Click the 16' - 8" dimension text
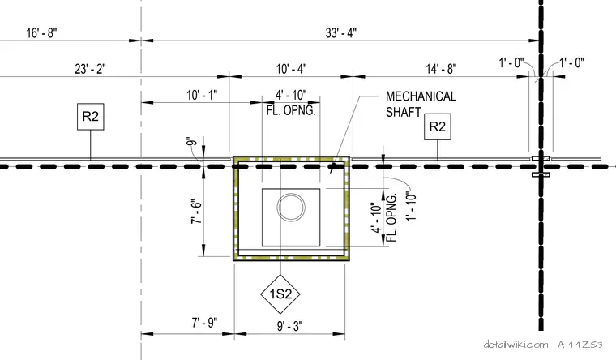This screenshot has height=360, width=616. (41, 33)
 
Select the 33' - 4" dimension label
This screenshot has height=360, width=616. (341, 33)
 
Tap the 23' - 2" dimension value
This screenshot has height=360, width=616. (90, 69)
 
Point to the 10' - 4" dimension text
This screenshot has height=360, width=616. (291, 69)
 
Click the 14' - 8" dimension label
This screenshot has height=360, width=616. (441, 69)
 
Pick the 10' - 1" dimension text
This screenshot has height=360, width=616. (202, 95)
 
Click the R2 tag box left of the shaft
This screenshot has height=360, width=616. (91, 116)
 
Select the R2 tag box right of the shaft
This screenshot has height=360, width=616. (438, 126)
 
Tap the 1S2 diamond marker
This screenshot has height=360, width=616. (280, 294)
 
